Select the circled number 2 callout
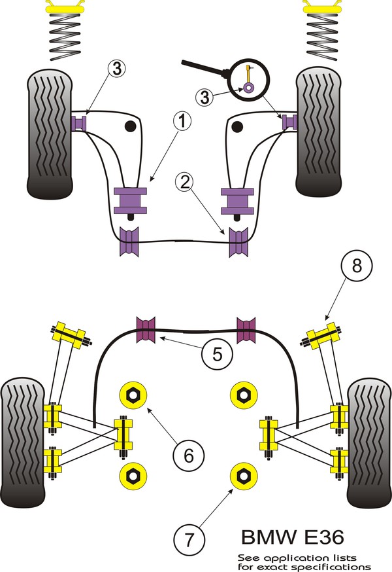tap(185, 182)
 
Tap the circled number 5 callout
tap(217, 354)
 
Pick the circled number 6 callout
tap(188, 456)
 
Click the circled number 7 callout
tap(189, 539)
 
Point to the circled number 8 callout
tap(357, 265)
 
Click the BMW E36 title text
tap(293, 537)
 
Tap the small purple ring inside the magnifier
tap(249, 87)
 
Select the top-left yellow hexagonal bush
tap(133, 395)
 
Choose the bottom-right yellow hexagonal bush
tap(244, 475)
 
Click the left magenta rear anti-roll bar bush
tap(146, 330)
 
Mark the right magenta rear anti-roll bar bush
tap(246, 330)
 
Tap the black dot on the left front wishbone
tap(130, 126)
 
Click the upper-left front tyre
tap(50, 134)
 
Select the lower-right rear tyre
tap(369, 442)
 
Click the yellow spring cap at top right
tap(322, 6)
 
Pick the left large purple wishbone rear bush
tap(131, 200)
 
